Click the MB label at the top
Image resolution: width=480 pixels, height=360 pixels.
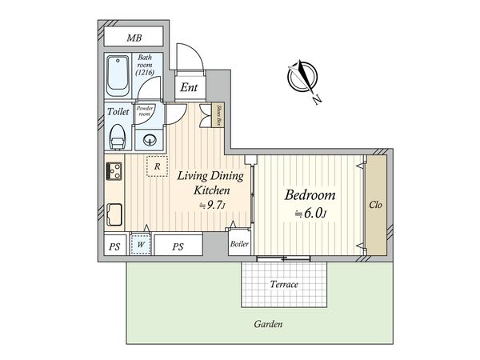pos(134,38)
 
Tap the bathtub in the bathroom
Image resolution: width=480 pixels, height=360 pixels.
pos(118,76)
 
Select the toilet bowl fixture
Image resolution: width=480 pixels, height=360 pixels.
pos(118,137)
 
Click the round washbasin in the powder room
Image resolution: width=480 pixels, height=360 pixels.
pos(150,140)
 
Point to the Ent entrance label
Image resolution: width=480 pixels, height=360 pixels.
pos(189,87)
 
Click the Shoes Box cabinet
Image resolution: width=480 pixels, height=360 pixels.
pos(218,115)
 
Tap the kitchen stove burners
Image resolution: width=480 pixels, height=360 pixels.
pos(114,171)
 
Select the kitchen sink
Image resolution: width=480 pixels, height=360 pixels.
pos(114,214)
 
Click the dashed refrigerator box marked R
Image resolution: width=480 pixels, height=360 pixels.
pos(157,166)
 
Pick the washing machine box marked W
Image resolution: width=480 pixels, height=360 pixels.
pos(141,244)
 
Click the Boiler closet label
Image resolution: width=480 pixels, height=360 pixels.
pos(239,244)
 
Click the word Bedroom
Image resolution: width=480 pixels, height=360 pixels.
pos(310,195)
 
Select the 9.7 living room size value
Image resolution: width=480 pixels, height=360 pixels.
pos(214,206)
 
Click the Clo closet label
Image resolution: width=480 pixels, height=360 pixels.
pos(376,205)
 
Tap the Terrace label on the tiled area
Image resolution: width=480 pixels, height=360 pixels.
pos(284,284)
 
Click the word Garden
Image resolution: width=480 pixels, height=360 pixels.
pos(268,324)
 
